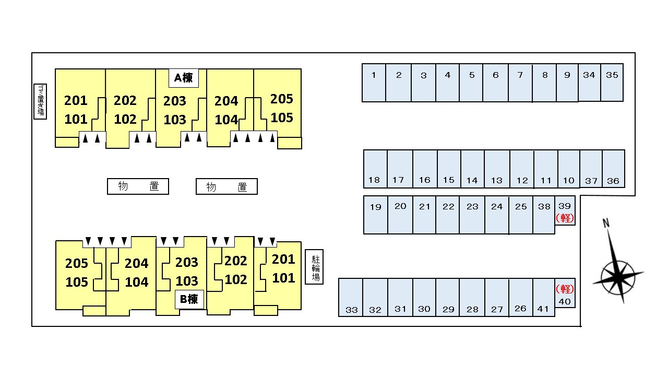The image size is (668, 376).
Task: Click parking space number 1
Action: point(374,83)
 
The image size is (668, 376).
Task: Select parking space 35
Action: point(612,83)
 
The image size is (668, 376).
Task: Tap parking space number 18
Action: point(375,169)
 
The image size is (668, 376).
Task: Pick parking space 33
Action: point(351,297)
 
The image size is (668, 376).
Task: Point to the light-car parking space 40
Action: point(565,293)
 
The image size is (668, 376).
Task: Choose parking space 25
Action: point(521,215)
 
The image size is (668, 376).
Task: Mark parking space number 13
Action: point(497,169)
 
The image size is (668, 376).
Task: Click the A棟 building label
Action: point(183,78)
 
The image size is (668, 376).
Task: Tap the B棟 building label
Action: point(188,299)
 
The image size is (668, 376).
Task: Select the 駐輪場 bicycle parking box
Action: point(314,266)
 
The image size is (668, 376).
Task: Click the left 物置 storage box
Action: point(138,186)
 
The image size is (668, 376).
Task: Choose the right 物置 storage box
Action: point(226,186)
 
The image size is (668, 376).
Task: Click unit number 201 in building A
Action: point(76,100)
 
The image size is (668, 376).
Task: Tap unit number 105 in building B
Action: point(77,282)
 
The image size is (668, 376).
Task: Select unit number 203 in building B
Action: point(186,262)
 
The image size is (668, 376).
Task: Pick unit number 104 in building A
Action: point(226,120)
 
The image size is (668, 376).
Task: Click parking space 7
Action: point(520,83)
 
